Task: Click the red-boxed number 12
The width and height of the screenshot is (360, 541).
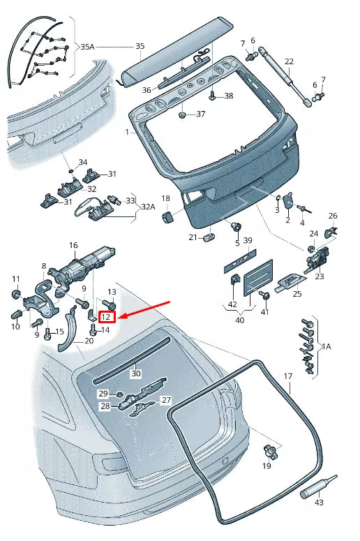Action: click(x=107, y=316)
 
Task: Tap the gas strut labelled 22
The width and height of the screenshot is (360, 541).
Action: click(x=283, y=75)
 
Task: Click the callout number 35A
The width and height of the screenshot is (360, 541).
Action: click(x=87, y=47)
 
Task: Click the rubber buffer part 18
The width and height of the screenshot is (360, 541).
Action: click(x=167, y=218)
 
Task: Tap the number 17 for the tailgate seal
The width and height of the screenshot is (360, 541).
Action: click(x=287, y=377)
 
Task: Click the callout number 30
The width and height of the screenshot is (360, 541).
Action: click(x=136, y=373)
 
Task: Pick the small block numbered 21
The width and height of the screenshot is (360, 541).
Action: click(x=208, y=239)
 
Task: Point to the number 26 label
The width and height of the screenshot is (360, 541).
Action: click(x=333, y=216)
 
